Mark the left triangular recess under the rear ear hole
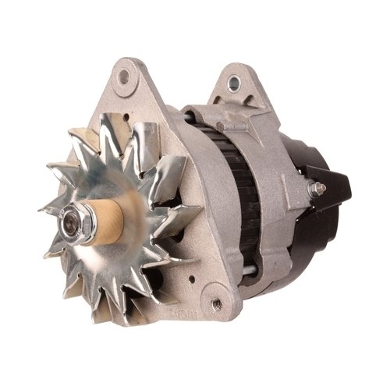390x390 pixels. pyautogui.click(x=228, y=98)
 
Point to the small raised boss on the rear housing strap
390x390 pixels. pyautogui.click(x=221, y=127)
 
